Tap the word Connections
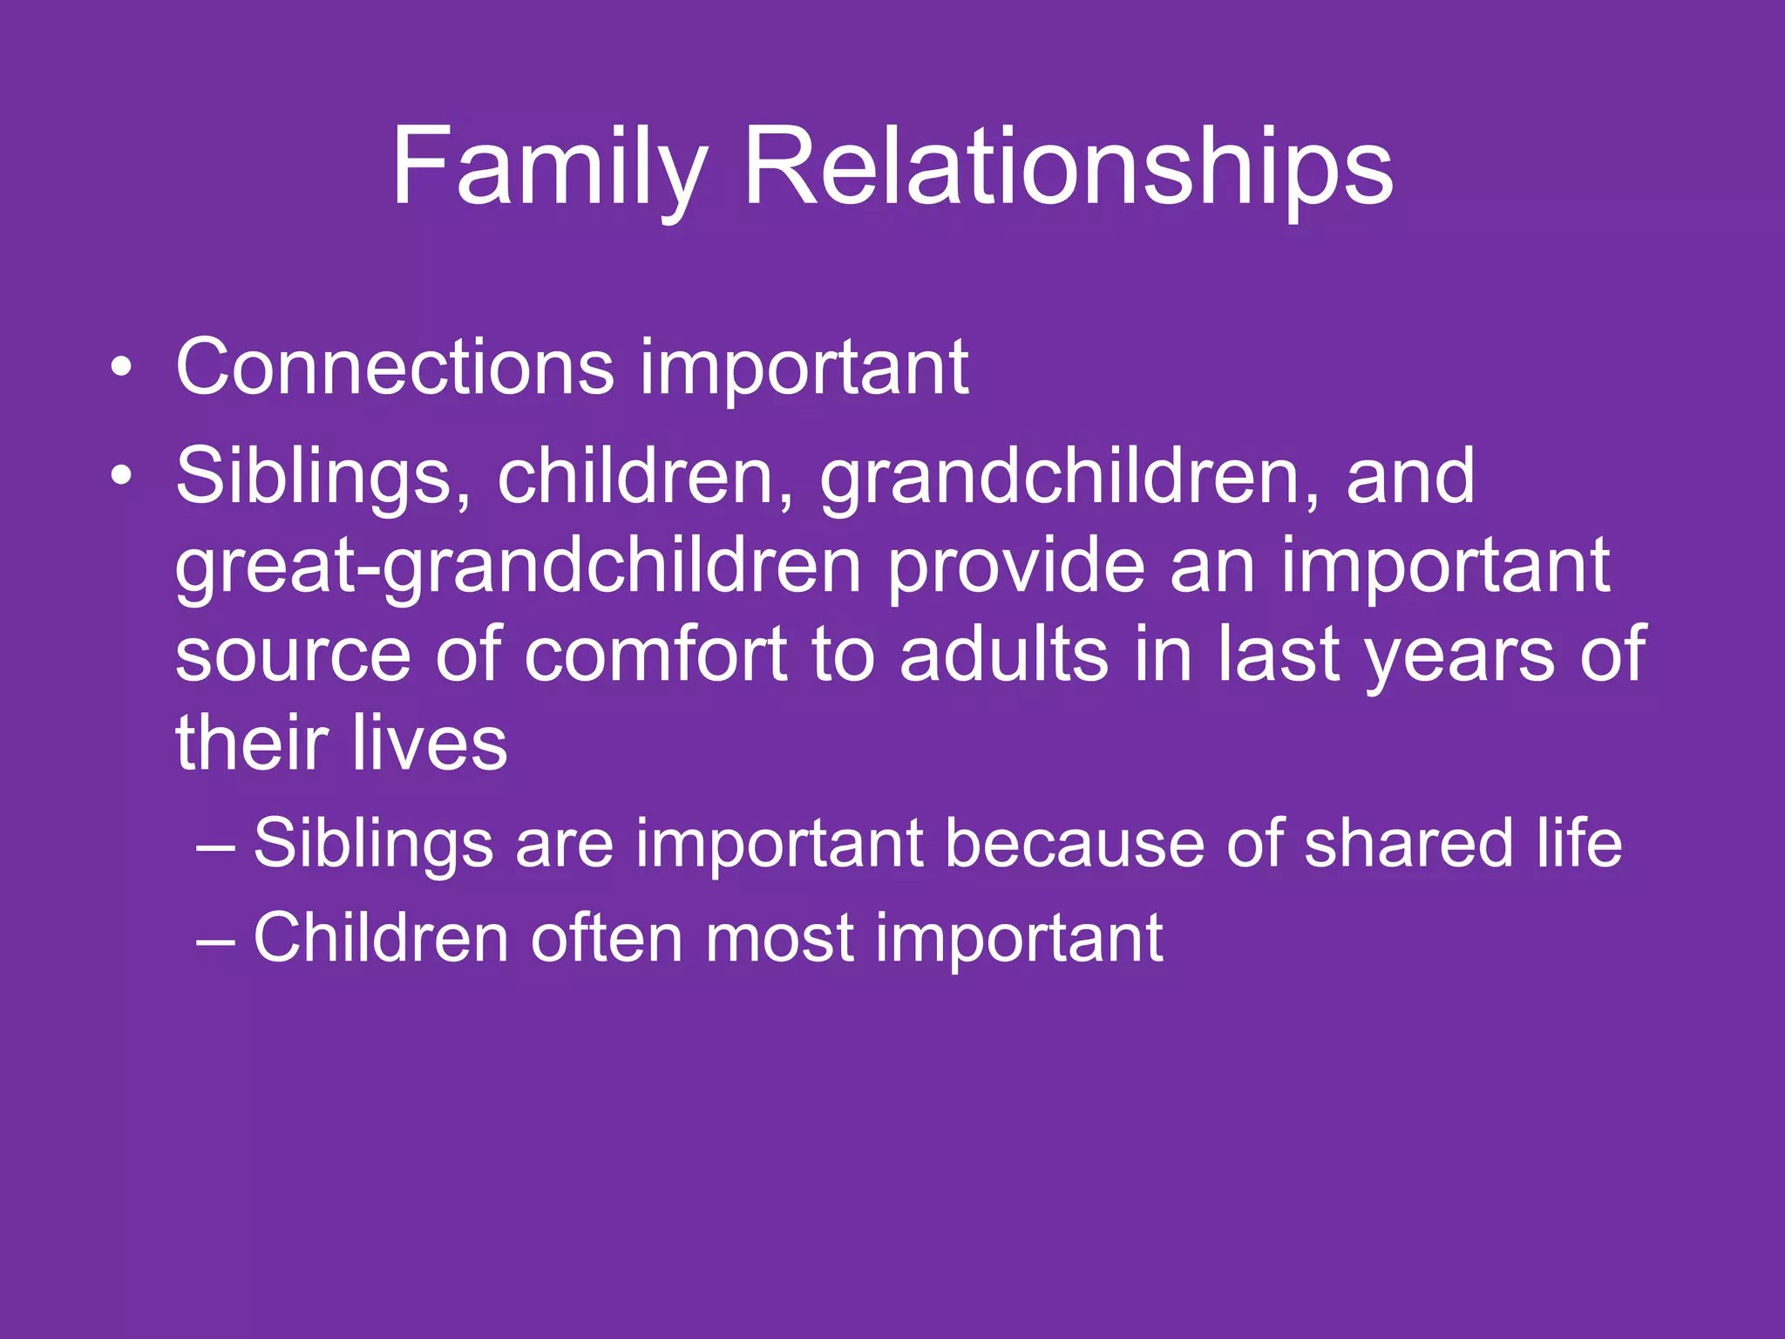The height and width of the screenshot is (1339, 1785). pos(395,367)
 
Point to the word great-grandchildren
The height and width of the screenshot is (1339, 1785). pos(518,568)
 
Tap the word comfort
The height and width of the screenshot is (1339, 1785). pos(655,656)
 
